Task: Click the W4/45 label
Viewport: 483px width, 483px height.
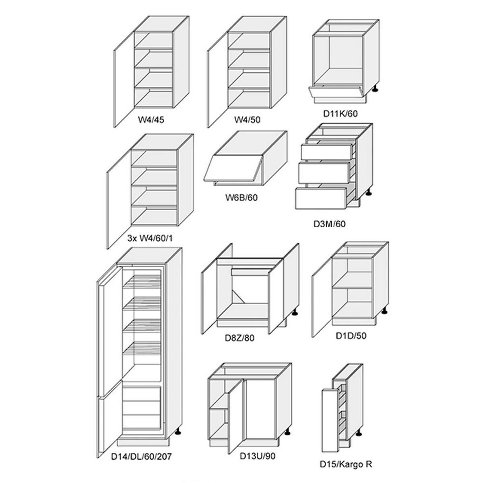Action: tap(151, 120)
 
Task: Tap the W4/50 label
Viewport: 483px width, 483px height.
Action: tap(247, 120)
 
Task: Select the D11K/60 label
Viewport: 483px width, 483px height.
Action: tap(341, 114)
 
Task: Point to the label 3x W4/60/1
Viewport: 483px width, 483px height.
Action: tap(150, 238)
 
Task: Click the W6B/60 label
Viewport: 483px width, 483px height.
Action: tap(242, 198)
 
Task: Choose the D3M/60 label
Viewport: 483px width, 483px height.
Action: tap(329, 224)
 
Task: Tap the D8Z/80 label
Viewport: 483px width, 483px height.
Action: tap(239, 338)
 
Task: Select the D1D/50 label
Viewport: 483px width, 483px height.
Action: tap(351, 336)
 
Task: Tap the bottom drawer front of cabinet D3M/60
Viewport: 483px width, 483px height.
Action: tap(321, 198)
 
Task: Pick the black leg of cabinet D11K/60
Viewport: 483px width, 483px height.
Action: tap(375, 89)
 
